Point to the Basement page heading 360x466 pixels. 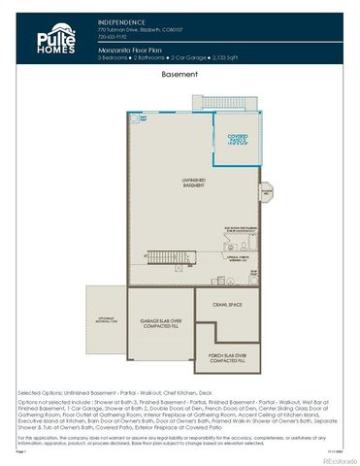[x=180, y=74]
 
